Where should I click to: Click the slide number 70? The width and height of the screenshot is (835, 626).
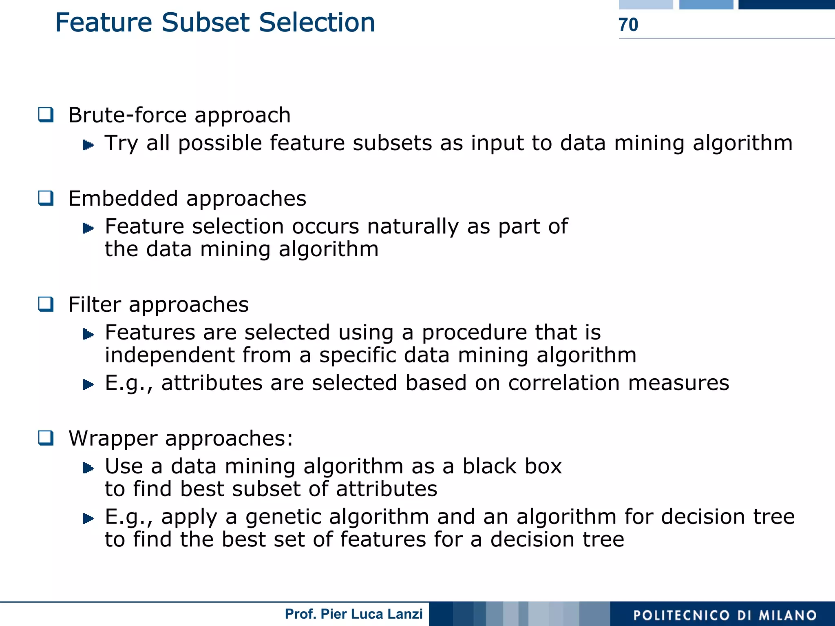pyautogui.click(x=628, y=25)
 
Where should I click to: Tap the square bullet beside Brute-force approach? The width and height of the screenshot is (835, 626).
pyautogui.click(x=46, y=115)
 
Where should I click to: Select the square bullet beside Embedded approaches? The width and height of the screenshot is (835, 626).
pyautogui.click(x=46, y=198)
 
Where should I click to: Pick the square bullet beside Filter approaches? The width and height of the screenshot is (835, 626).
pyautogui.click(x=46, y=304)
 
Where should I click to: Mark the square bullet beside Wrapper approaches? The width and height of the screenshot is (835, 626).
pyautogui.click(x=46, y=438)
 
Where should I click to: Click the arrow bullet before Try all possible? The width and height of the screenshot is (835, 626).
pyautogui.click(x=88, y=145)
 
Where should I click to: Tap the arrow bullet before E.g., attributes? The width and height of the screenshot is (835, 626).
pyautogui.click(x=88, y=384)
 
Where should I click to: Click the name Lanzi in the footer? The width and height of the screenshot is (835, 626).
pyautogui.click(x=406, y=614)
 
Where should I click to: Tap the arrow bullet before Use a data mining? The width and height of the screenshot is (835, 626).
pyautogui.click(x=88, y=468)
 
